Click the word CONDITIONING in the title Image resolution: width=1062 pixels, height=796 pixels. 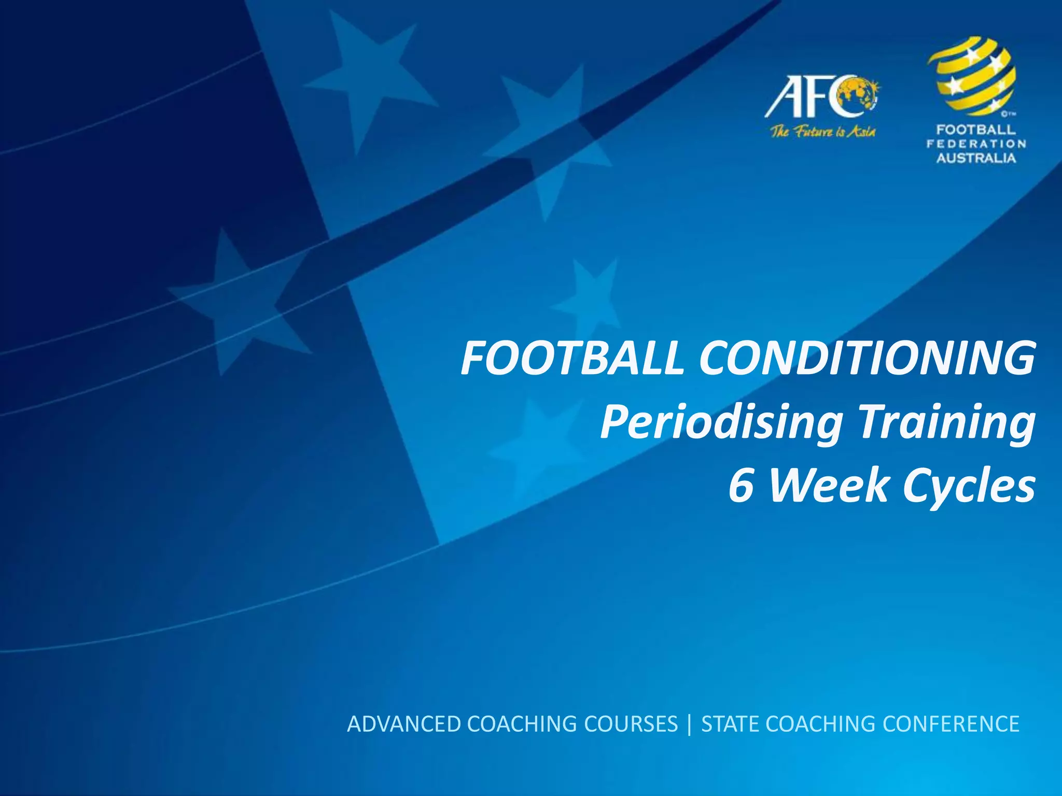coord(867,359)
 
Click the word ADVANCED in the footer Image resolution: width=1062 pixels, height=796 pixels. coord(403,724)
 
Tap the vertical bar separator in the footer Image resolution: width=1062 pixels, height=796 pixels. coord(689,724)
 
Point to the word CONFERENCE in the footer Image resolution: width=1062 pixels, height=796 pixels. coord(951,724)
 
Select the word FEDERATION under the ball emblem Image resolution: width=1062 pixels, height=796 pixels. coord(976,144)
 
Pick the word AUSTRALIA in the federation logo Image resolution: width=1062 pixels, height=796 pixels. coord(976,158)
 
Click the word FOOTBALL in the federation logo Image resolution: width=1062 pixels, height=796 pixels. coord(976,130)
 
